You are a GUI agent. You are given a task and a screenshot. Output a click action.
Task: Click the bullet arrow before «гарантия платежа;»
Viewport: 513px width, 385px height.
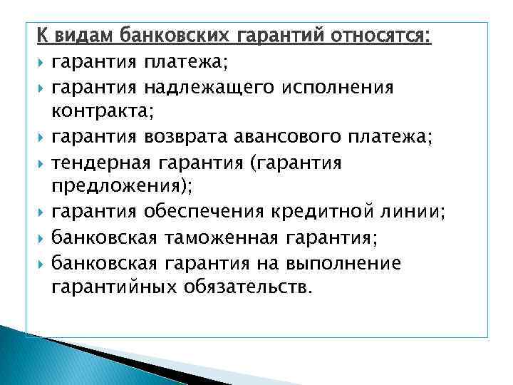tap(42, 63)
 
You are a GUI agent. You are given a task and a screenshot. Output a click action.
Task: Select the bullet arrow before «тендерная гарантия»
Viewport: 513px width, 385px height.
tap(42, 165)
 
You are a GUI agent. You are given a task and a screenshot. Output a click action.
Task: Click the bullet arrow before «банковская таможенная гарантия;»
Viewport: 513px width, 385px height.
tap(42, 238)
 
